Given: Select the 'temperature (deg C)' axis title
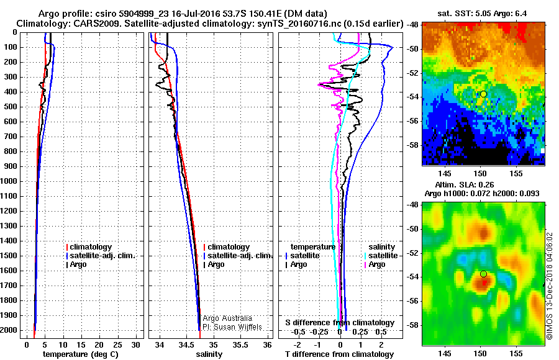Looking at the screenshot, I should [80, 354].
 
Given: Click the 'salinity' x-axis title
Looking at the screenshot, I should [209, 354].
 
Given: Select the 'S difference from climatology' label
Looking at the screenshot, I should [340, 323].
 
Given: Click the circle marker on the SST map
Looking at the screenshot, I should [483, 94].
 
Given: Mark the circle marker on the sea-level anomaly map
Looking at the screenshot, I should [483, 274].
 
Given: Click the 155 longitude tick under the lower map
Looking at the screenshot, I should [516, 353].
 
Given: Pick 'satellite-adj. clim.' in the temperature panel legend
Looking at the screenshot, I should [99, 256].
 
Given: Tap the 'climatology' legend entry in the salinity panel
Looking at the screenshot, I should [229, 247].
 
